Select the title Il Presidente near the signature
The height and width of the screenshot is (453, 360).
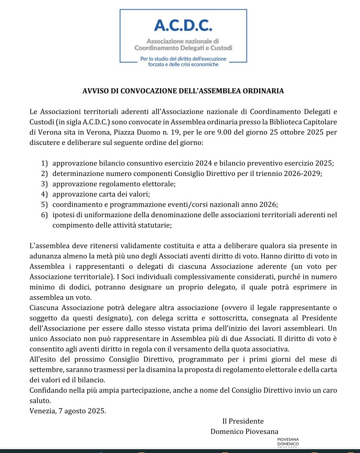[x=243, y=421]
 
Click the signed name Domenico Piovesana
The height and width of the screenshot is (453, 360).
[x=244, y=431]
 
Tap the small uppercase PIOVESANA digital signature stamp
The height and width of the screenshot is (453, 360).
[x=288, y=439]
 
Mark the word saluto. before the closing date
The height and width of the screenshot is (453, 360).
[x=40, y=401]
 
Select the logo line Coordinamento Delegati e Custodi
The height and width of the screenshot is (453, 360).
[x=183, y=48]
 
